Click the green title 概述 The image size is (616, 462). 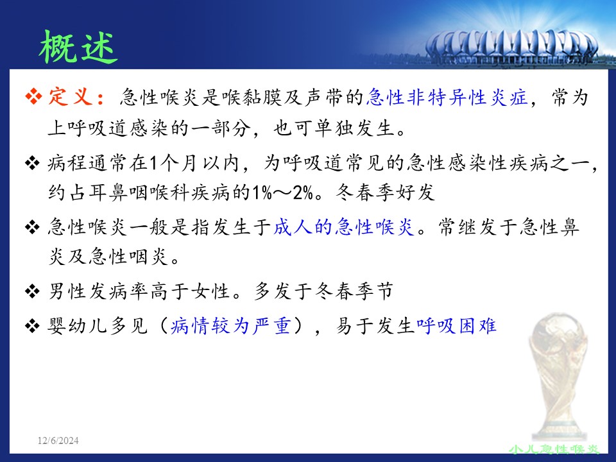coord(78,47)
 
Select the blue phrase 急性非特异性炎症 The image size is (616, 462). coord(447,97)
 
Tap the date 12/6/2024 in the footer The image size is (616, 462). coord(58,440)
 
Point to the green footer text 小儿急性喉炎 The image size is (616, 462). coord(554,449)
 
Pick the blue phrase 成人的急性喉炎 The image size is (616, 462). coord(344,227)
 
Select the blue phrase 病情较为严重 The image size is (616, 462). coord(231,326)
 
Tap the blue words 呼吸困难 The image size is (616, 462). coord(456,326)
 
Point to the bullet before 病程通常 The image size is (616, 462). coord(32,162)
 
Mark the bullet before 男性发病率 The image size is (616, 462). coord(32,291)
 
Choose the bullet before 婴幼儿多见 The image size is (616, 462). coord(32,326)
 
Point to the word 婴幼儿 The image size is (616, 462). coord(78,326)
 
